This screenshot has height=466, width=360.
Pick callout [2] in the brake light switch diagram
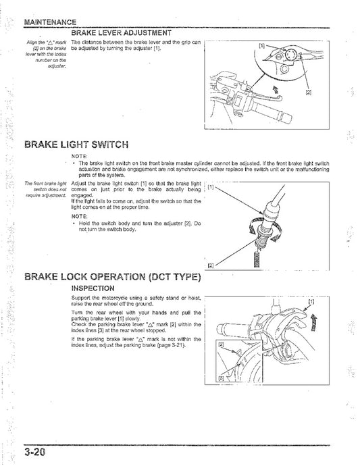pos(211,265)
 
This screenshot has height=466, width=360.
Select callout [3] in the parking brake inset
pos(222,379)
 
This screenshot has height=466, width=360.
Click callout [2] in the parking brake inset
pos(221,345)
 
